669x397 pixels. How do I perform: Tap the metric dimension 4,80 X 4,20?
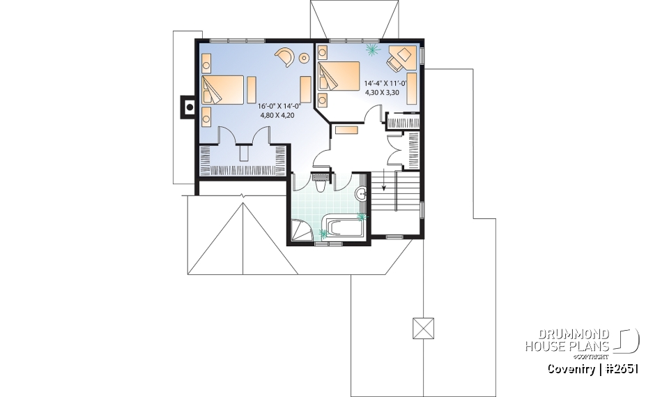click(x=276, y=115)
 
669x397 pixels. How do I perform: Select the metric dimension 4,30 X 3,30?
click(x=383, y=91)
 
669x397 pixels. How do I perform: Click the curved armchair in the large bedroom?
click(x=286, y=56)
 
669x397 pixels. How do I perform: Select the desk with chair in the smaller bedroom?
click(x=401, y=57)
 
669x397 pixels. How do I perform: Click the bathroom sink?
click(x=361, y=194)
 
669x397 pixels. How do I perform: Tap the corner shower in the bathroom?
click(x=302, y=229)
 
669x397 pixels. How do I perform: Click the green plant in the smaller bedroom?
click(x=371, y=50)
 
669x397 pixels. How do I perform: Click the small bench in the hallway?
click(x=346, y=130)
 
